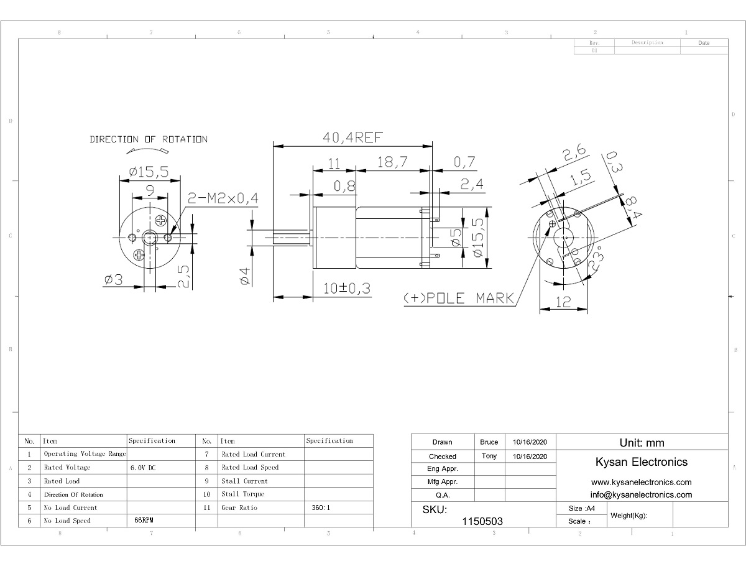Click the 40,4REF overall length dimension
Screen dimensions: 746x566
[352, 137]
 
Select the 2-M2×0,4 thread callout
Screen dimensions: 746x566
[223, 198]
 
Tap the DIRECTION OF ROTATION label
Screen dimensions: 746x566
[149, 139]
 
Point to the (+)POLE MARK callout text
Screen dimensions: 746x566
[459, 298]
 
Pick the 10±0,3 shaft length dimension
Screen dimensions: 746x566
[347, 289]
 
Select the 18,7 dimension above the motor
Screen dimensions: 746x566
[392, 162]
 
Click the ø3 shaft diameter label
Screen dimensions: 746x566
[114, 279]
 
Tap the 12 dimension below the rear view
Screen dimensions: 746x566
[563, 302]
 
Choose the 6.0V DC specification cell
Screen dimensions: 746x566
[143, 468]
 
